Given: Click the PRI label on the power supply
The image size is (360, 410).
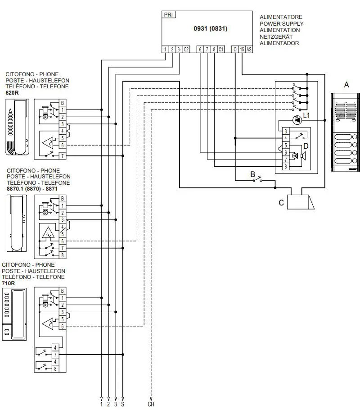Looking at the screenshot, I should pos(169,14).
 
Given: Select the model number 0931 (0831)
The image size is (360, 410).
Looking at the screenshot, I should pos(210,29).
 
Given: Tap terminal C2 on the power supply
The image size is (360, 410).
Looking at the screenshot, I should pos(186,50).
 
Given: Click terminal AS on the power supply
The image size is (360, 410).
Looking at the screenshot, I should pos(249,50).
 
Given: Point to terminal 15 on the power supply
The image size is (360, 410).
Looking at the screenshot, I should pos(242,50).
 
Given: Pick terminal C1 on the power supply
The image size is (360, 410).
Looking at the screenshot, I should pos(221,50).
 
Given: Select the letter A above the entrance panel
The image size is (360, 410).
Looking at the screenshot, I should pos(346,84).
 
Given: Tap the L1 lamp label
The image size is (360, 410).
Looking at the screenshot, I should pos(306,116).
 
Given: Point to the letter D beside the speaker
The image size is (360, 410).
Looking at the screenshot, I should pos(306,146).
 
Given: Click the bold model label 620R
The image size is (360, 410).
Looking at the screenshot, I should pos(12,92).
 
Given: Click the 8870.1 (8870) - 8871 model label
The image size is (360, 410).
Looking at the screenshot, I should pos(32,189).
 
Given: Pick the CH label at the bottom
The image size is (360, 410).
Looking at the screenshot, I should pos(151,405).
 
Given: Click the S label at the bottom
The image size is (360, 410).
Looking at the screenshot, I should pos(122,405).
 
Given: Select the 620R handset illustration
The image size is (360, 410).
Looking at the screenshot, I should pos(16,128).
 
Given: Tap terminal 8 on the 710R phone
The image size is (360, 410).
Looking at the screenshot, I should pos(54,369).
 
